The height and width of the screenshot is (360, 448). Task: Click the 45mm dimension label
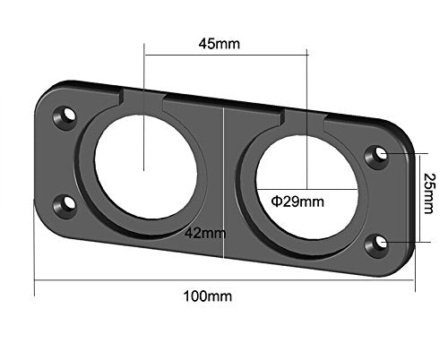[x=220, y=44]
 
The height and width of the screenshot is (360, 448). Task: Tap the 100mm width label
[x=208, y=296]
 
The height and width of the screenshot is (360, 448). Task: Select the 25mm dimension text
[x=429, y=193]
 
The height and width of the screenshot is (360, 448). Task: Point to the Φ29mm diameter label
[x=297, y=201]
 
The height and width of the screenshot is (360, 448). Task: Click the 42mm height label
[x=205, y=233]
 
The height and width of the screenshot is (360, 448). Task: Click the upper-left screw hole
[x=65, y=117]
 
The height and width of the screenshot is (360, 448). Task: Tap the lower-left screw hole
[x=65, y=206]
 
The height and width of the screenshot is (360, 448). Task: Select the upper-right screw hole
[x=376, y=157]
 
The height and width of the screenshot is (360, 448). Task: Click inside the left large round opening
[x=146, y=167]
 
